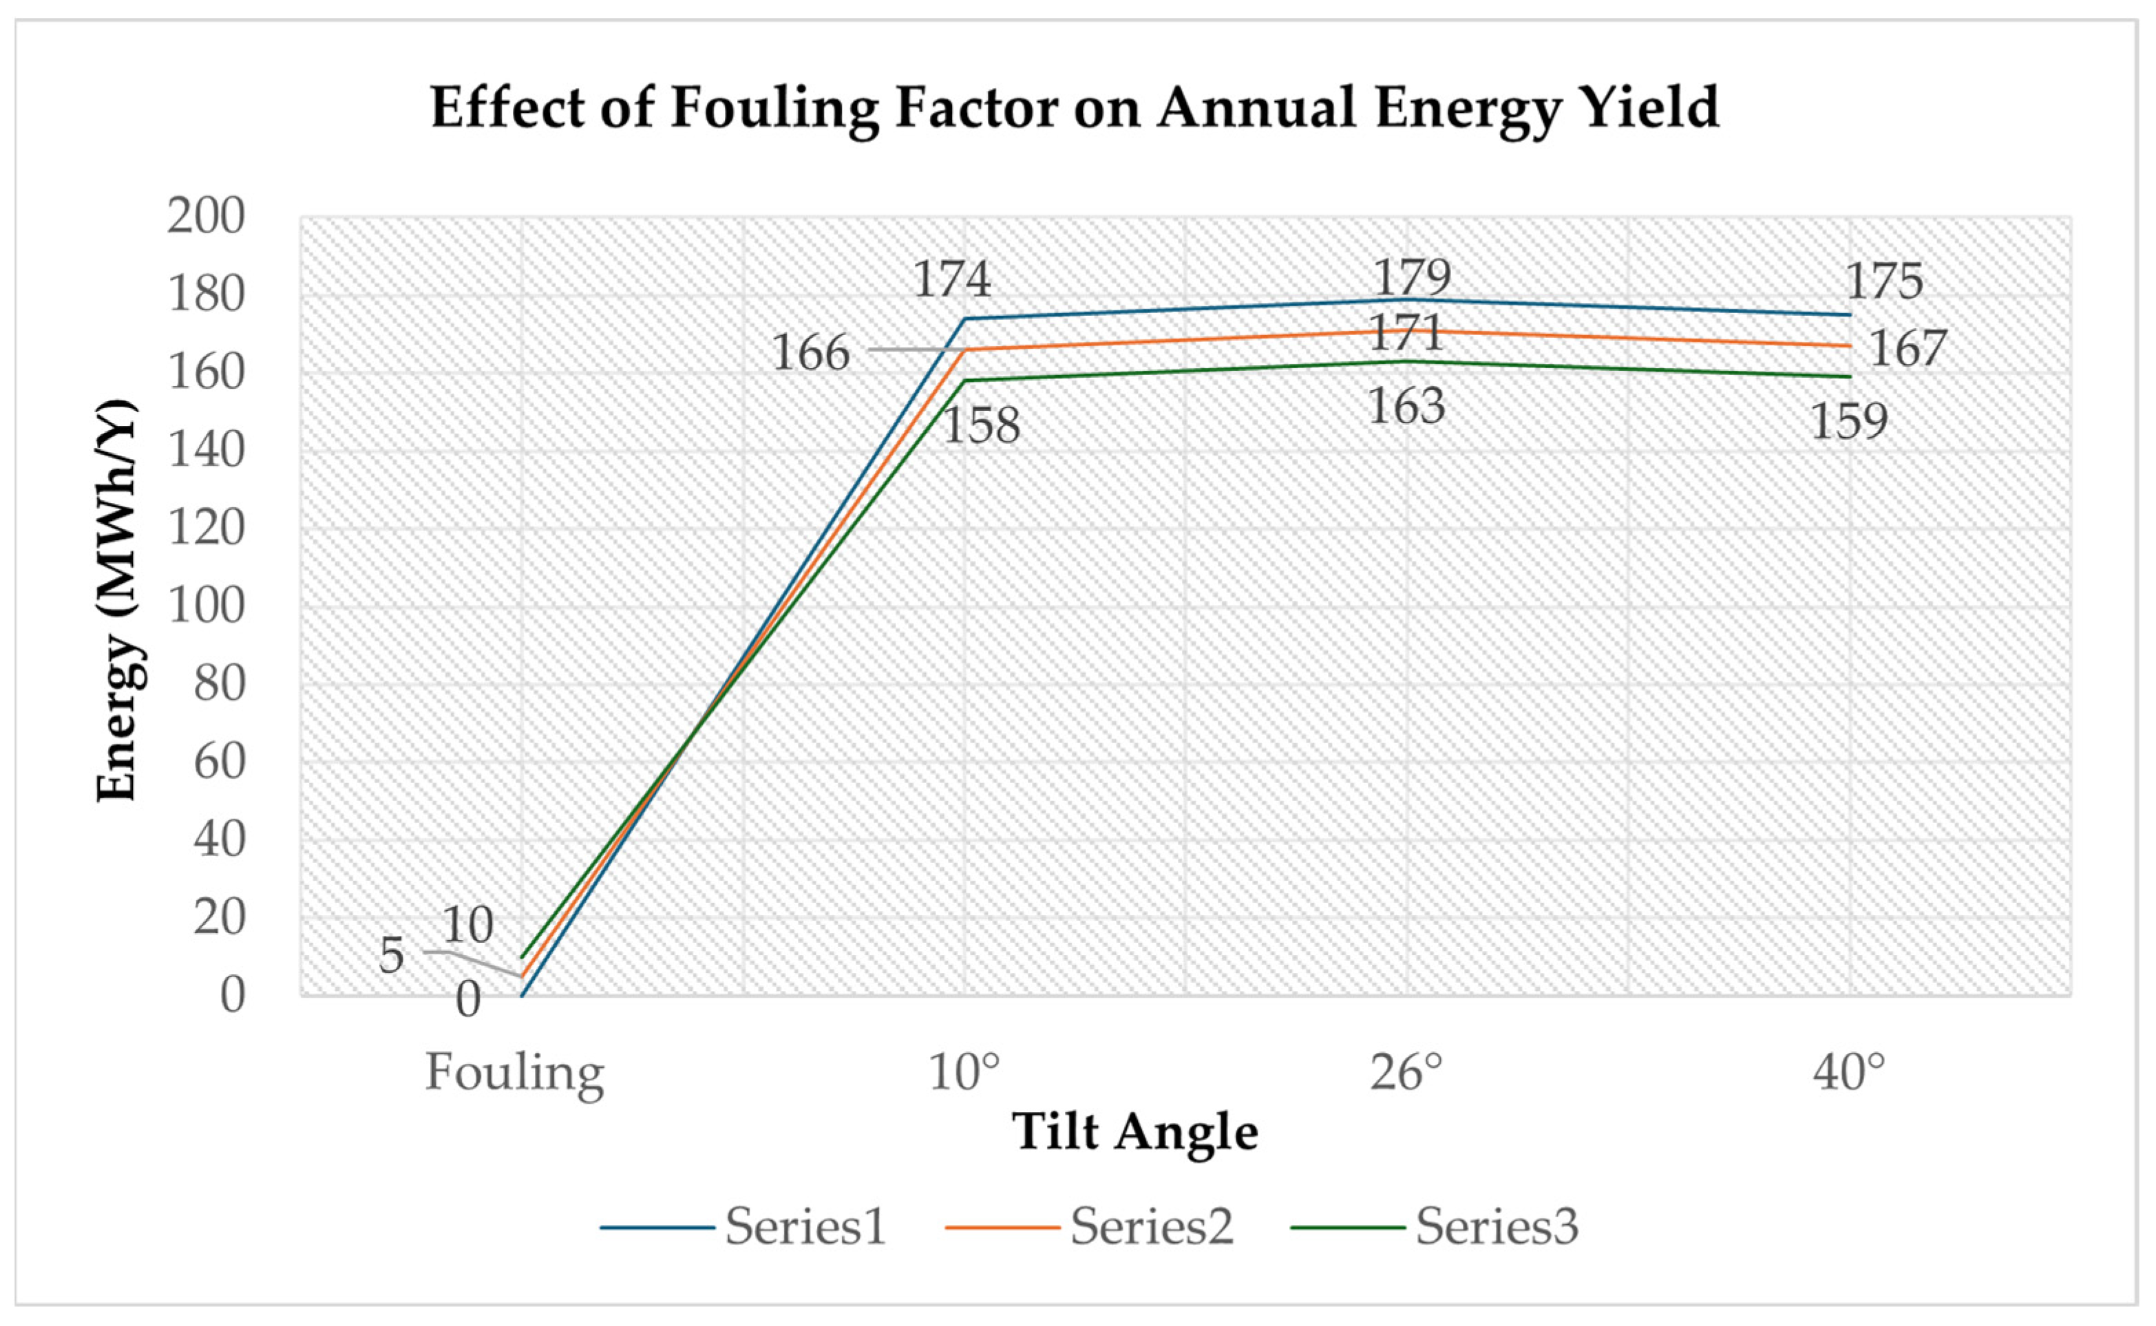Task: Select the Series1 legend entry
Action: (x=744, y=1226)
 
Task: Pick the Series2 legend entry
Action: (x=1090, y=1226)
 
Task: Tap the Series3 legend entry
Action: (x=1435, y=1226)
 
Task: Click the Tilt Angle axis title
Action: (x=1135, y=1132)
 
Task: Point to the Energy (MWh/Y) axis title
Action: (x=116, y=601)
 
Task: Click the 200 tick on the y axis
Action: (x=206, y=216)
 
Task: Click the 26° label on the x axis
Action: (x=1406, y=1071)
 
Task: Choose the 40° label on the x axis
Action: (x=1849, y=1071)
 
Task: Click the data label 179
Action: (x=1412, y=277)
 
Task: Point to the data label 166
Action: (x=810, y=354)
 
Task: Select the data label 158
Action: (x=981, y=425)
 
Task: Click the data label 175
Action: (x=1884, y=281)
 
